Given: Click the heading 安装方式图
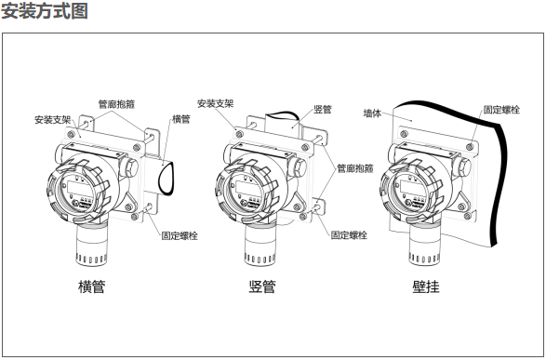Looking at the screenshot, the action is click(45, 11).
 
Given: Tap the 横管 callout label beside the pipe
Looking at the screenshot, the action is click(181, 119).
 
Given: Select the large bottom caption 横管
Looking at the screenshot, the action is click(91, 287).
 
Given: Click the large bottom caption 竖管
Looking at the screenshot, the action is click(262, 287).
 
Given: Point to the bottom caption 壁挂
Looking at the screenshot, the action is click(426, 287).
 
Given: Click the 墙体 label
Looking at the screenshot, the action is click(372, 113).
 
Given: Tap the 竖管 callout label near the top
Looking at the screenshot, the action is click(323, 110).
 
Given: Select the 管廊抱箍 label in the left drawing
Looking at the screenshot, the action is click(116, 104).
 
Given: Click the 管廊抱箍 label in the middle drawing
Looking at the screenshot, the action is click(354, 168).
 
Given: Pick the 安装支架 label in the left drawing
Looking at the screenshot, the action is click(53, 120).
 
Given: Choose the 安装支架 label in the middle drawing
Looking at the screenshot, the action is click(215, 103).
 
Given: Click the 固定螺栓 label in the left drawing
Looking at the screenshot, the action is click(180, 235).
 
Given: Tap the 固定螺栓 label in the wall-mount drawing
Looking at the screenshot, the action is click(501, 110).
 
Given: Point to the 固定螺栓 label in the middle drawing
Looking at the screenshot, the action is click(349, 235).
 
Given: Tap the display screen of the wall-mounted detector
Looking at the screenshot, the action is click(409, 189).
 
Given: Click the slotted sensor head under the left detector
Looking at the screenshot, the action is click(91, 246).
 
